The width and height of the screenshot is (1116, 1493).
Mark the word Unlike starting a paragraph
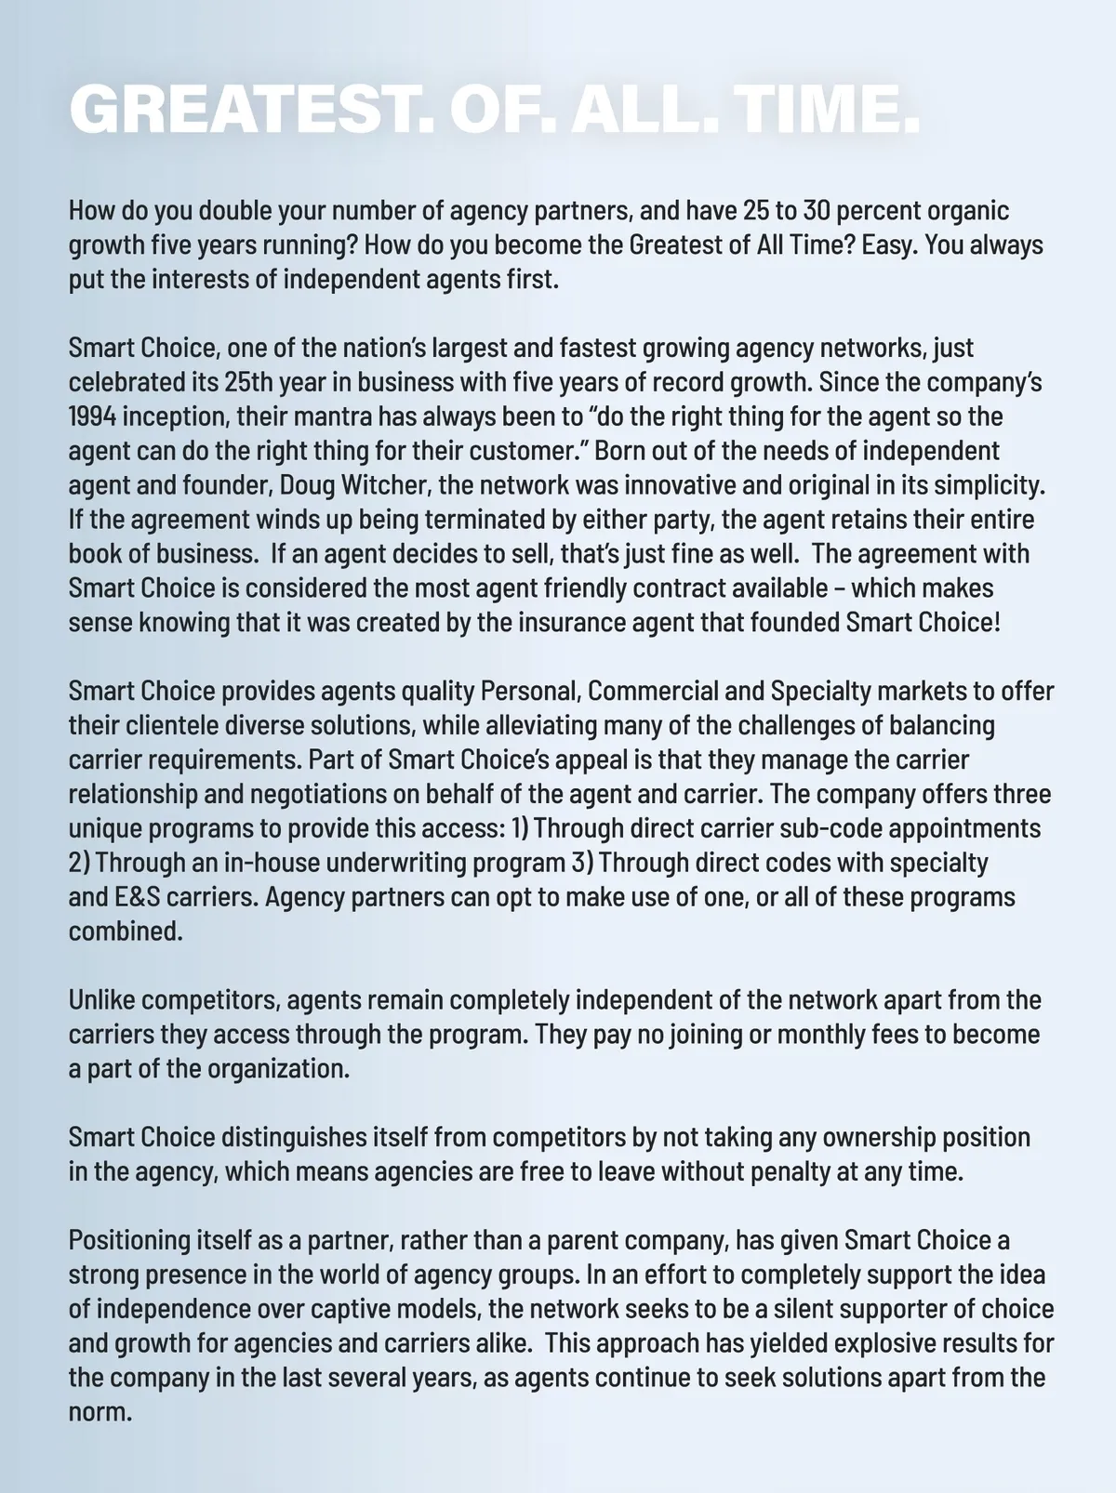[x=101, y=1000]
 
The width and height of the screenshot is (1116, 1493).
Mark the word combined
[x=126, y=931]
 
